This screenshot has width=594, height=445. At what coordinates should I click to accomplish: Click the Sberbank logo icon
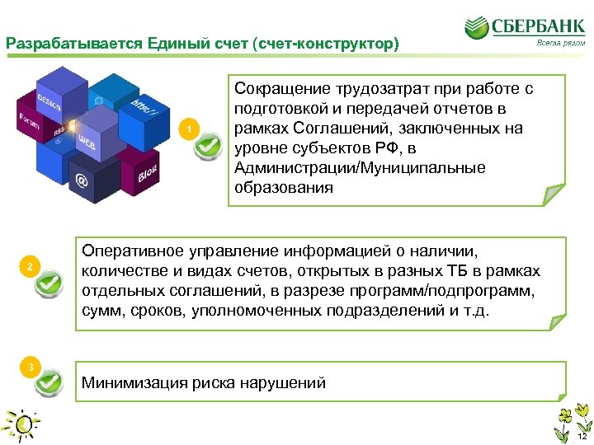point(476,30)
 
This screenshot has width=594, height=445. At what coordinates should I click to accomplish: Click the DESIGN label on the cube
point(49,105)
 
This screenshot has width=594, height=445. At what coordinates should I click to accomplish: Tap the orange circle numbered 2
point(31,266)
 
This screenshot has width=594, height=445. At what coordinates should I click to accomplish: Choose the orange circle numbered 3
point(31,366)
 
